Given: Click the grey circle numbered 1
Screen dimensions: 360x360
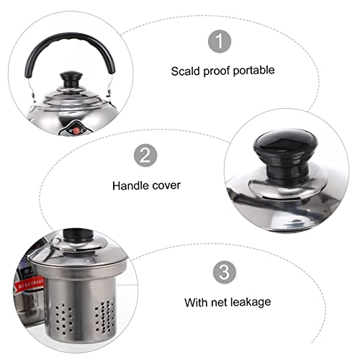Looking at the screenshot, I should pos(216,42).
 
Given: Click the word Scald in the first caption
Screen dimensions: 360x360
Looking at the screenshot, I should pos(185,71).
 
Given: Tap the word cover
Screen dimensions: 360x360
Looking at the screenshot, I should pos(166,185).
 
